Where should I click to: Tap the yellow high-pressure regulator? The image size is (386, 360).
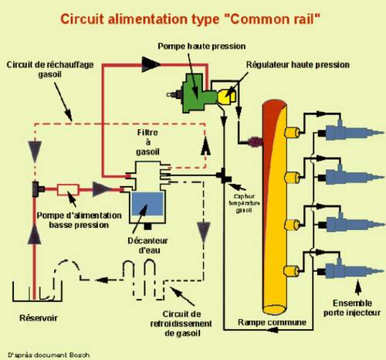tap(226, 97)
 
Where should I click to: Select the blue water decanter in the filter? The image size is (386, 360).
tap(147, 203)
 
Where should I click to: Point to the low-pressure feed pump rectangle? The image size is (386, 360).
tap(68, 190)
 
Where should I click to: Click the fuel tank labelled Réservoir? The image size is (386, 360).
tap(38, 291)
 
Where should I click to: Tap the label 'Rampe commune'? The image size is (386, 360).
tap(272, 322)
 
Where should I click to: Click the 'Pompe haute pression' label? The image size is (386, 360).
tap(201, 46)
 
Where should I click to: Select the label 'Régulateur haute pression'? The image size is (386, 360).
tap(298, 65)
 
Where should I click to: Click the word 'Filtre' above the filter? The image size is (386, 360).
tap(147, 132)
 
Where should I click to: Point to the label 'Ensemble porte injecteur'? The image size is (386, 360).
tap(352, 307)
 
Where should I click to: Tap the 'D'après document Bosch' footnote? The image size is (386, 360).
tap(49, 355)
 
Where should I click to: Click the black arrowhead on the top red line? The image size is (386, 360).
tap(151, 64)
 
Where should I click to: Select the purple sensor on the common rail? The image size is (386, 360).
tap(256, 142)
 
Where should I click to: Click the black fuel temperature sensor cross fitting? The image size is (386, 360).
tap(224, 176)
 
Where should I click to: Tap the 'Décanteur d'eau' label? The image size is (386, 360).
tap(148, 246)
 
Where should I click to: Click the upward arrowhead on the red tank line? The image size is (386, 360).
tap(34, 233)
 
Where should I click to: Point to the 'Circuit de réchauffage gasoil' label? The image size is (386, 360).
tap(50, 70)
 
